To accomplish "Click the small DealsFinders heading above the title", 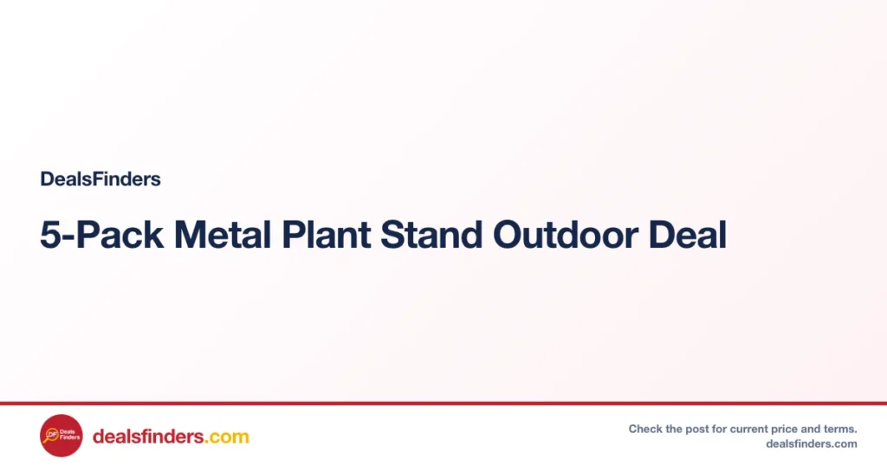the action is click(100, 179).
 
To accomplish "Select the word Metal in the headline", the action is click(223, 235).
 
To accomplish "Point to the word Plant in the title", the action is click(327, 235).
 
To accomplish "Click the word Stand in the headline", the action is click(431, 235).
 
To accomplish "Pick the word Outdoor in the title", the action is click(566, 235).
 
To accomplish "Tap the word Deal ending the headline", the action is click(688, 235).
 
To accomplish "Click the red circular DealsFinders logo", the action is click(62, 436).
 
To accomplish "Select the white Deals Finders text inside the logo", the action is click(69, 434).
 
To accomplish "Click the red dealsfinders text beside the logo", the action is click(148, 437).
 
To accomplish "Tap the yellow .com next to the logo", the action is click(226, 437).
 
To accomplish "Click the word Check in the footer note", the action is click(645, 430).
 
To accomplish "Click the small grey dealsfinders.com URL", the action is click(811, 444).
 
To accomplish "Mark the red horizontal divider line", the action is click(443, 404).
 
